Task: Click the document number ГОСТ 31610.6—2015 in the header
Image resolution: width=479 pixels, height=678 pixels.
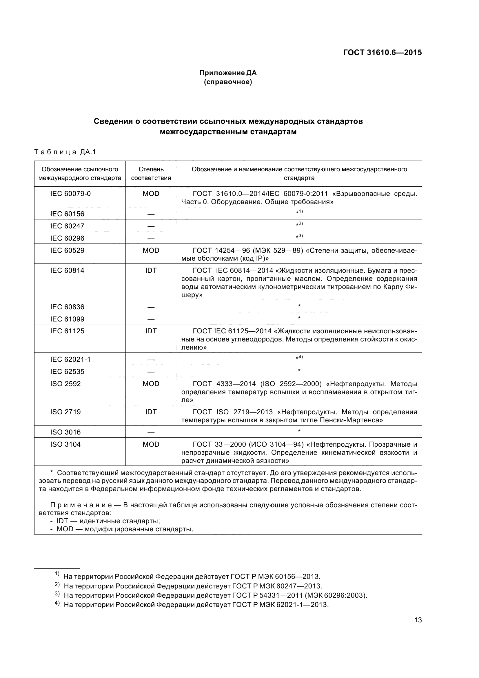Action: [382, 52]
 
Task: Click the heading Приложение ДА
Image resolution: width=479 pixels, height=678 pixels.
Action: [228, 73]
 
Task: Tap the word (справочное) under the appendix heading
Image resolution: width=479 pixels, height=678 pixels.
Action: [228, 82]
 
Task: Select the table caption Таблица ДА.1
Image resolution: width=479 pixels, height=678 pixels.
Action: [65, 152]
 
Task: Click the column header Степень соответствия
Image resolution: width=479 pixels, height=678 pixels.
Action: [151, 174]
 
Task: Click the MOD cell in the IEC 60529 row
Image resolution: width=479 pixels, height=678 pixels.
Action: [151, 250]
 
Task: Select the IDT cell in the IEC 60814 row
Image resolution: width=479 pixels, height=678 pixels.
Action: [151, 270]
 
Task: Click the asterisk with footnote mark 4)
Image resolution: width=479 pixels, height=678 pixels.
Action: [299, 358]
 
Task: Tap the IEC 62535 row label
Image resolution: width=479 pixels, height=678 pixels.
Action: [67, 372]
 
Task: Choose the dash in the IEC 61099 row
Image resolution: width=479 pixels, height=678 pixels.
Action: [151, 319]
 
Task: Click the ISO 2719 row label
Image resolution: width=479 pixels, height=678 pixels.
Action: [65, 412]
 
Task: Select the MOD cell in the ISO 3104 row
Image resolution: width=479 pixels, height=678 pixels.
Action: [151, 444]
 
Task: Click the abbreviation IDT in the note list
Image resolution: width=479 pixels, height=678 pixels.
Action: [62, 521]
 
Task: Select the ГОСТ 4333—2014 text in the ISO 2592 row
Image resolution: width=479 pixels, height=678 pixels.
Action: [224, 384]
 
